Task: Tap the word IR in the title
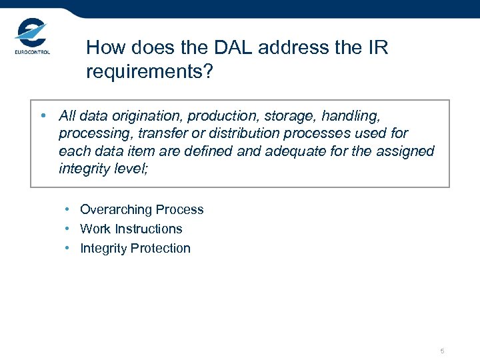pos(375,48)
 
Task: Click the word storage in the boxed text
pos(293,117)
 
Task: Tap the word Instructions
pos(148,229)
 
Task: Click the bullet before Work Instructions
pos(69,229)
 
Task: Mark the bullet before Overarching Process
pos(69,209)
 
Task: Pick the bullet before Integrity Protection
pos(69,248)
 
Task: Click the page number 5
pos(442,351)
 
